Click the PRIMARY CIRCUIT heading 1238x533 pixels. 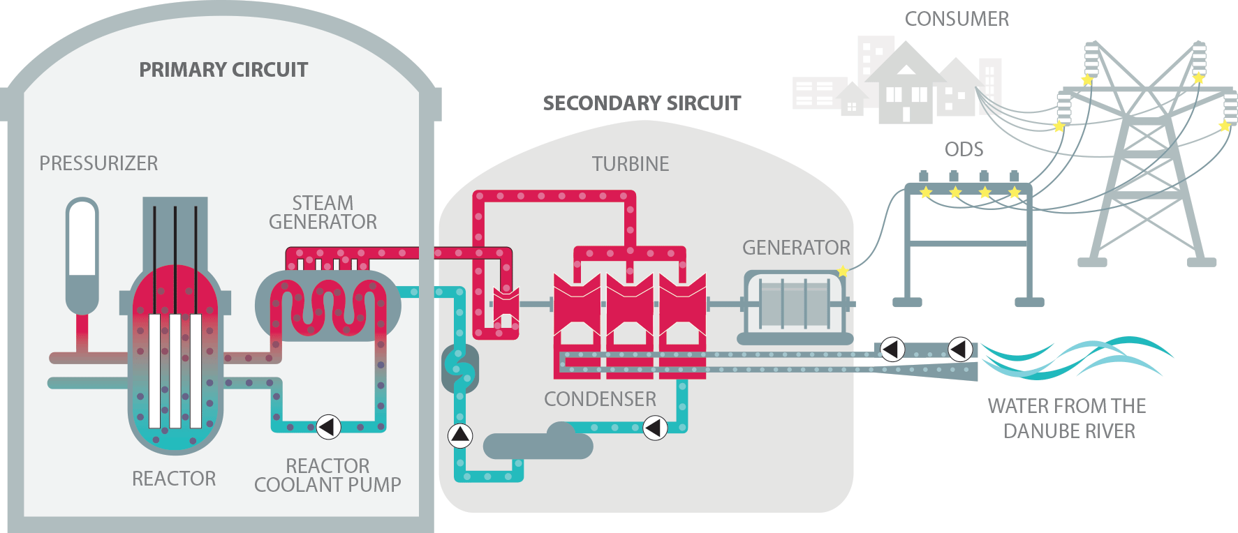tap(223, 70)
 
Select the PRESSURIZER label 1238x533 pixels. tap(98, 163)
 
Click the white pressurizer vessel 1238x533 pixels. tap(82, 237)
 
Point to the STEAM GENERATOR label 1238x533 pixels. tap(323, 212)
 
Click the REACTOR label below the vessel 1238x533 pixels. tap(174, 479)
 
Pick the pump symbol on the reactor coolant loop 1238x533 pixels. tap(329, 426)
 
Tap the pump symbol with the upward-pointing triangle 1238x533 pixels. tap(459, 435)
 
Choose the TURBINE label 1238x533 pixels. tap(631, 164)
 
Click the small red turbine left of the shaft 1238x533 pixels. tap(506, 305)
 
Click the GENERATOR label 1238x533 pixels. tap(796, 248)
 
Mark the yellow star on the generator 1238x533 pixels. tap(843, 271)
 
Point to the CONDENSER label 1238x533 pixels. tap(600, 399)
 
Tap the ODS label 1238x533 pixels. tap(964, 149)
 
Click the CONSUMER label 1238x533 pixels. tap(957, 19)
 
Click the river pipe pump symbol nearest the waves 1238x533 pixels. tap(960, 349)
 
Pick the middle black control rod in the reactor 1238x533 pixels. tap(175, 258)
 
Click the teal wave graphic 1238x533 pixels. tap(1075, 357)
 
